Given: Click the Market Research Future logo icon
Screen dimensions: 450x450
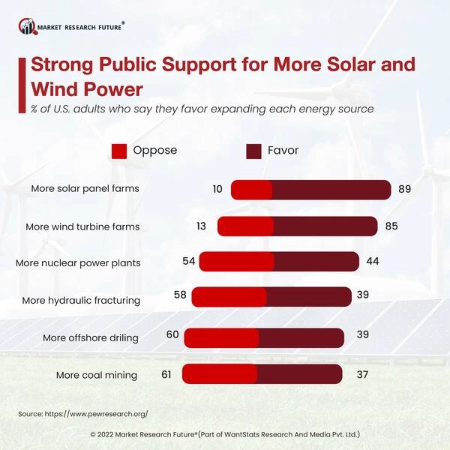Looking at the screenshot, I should click(x=28, y=27).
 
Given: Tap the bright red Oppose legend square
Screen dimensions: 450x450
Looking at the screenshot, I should click(x=119, y=151).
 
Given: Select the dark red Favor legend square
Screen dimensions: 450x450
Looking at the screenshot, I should click(x=254, y=151).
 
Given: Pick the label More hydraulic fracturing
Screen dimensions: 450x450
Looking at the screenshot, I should click(x=81, y=300).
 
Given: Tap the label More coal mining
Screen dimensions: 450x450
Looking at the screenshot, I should click(x=97, y=375).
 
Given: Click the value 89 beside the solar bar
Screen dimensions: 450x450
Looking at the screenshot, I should click(x=405, y=189).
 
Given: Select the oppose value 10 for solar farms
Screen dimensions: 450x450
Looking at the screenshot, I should click(x=217, y=189).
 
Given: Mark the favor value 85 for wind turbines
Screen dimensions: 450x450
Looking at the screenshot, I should click(x=391, y=226).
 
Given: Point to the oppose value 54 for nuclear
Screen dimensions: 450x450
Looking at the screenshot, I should click(x=189, y=261).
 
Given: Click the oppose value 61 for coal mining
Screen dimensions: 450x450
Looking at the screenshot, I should click(x=168, y=373).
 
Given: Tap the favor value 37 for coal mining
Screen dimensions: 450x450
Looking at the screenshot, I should click(x=355, y=373).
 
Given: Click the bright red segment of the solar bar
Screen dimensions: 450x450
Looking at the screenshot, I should click(x=251, y=190).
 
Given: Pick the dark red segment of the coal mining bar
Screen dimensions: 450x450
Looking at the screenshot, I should click(x=299, y=373).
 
